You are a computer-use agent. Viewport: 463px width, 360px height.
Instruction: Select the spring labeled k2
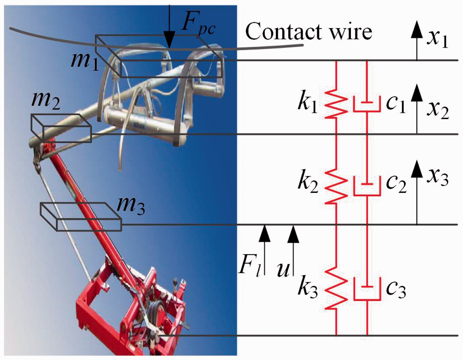(x=336, y=186)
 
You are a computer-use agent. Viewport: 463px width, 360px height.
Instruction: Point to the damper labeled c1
(x=367, y=104)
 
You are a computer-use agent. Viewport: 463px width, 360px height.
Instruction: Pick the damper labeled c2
(x=367, y=186)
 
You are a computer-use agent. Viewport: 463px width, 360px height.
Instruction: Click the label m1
(x=85, y=62)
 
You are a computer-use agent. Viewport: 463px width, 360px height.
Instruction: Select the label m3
(x=131, y=206)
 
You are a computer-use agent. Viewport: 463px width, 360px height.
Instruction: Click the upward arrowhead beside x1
(x=417, y=30)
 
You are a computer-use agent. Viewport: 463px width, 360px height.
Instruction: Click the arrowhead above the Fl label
(x=264, y=233)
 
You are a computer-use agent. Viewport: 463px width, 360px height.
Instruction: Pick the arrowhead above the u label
(x=293, y=234)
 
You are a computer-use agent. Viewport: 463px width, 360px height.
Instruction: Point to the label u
(x=283, y=270)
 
